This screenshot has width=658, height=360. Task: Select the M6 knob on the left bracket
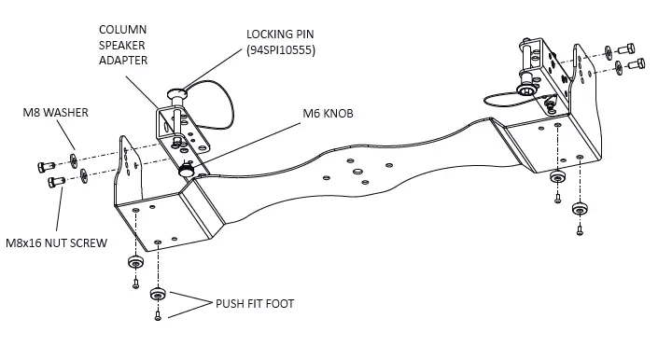coord(188,172)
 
